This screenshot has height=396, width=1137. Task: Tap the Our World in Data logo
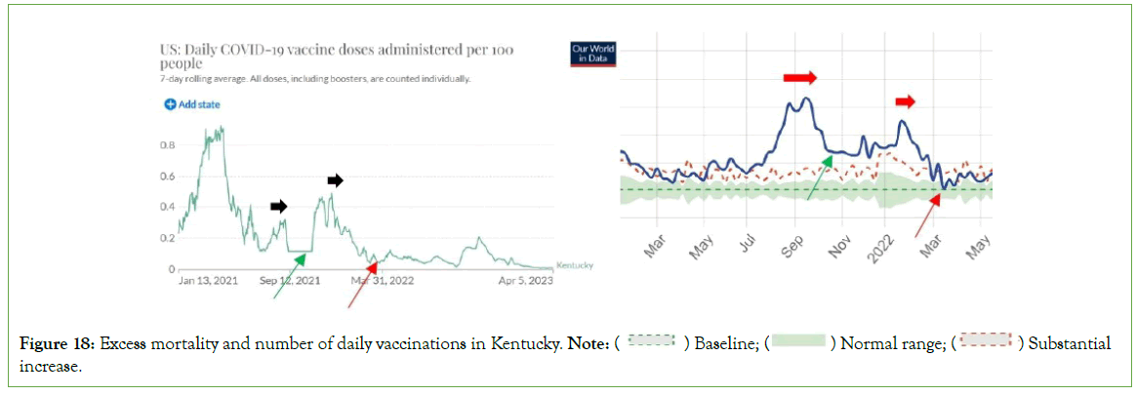point(592,53)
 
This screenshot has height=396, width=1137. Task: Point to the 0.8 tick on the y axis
point(167,145)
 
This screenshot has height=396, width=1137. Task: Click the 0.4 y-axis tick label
point(167,207)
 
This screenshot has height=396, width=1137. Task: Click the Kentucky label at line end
point(574,265)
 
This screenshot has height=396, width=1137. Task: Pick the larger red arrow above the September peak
point(798,76)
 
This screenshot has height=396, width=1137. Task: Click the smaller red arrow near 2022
point(906,100)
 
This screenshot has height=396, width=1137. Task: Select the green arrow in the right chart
point(820,178)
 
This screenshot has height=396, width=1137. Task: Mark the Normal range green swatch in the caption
point(797,342)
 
